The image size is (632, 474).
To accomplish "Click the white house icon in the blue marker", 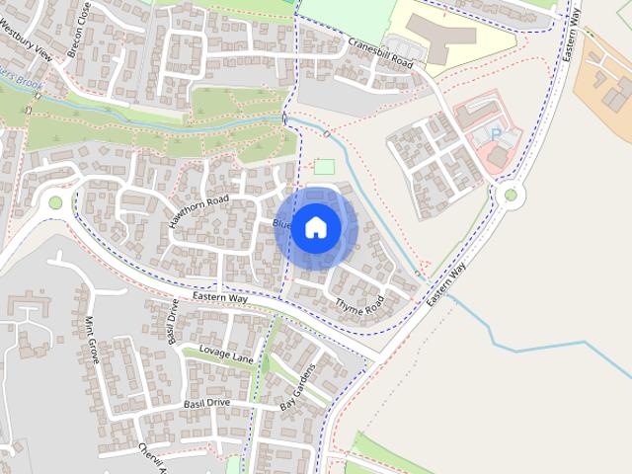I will click(316, 227).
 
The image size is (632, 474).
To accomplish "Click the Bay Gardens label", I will click(296, 388).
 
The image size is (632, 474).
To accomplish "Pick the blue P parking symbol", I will click(496, 133).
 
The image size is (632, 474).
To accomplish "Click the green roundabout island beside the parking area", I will click(511, 195).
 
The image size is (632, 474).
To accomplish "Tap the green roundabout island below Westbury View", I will click(55, 202).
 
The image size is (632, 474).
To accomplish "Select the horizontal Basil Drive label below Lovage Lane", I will click(206, 404).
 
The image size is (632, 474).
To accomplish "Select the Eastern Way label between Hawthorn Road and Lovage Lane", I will click(219, 297).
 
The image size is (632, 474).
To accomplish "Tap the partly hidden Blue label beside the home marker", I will click(281, 224).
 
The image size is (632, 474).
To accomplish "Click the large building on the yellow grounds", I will click(444, 37).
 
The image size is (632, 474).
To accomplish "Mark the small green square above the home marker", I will click(324, 167).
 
